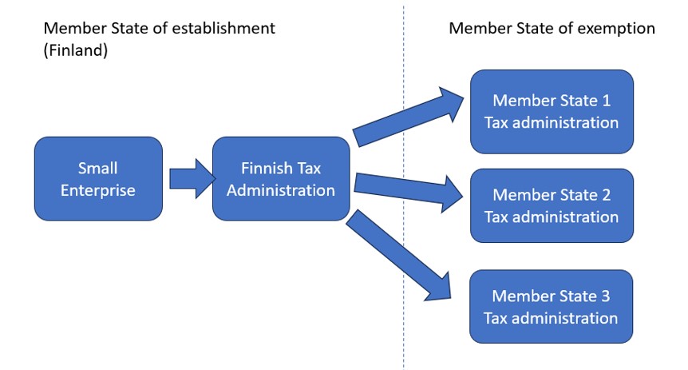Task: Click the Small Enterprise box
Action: pos(98,178)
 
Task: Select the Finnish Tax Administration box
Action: pos(280,178)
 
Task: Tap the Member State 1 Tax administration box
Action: pos(552,111)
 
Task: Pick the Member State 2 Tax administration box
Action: pos(552,205)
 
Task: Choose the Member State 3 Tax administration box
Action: pos(552,307)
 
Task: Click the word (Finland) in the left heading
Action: pos(76,50)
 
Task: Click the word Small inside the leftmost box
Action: pos(98,169)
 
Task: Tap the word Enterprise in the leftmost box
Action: pos(98,190)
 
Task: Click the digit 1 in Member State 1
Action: pos(605,101)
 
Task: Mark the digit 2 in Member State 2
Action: pos(605,196)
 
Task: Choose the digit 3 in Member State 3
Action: pos(605,296)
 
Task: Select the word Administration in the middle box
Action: pos(280,190)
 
